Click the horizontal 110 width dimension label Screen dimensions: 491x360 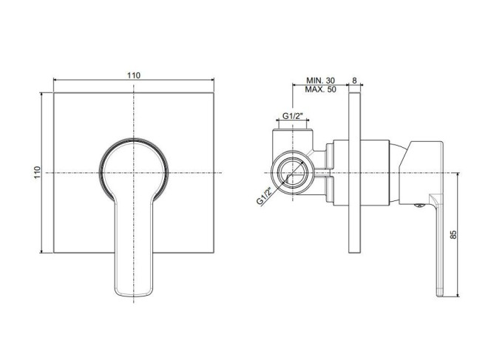[x=134, y=75]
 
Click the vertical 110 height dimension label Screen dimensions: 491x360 [x=37, y=172]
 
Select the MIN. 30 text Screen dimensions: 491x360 [x=320, y=81]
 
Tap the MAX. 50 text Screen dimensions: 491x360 [x=320, y=89]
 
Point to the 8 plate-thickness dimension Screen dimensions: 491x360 [x=354, y=81]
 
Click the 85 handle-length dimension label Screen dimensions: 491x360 [x=453, y=234]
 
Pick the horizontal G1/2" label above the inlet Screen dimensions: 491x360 [x=293, y=116]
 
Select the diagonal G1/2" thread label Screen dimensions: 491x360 [x=264, y=196]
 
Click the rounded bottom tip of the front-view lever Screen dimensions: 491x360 [x=134, y=295]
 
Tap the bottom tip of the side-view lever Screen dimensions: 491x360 [x=440, y=296]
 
